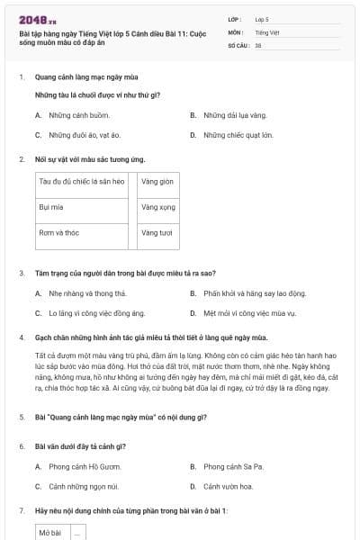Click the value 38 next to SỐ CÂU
coord(258,44)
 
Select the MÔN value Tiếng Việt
coord(266,31)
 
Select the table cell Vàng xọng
coord(158,207)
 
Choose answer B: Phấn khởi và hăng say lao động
coord(254,293)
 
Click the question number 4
coord(21,337)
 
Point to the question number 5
coord(21,418)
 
